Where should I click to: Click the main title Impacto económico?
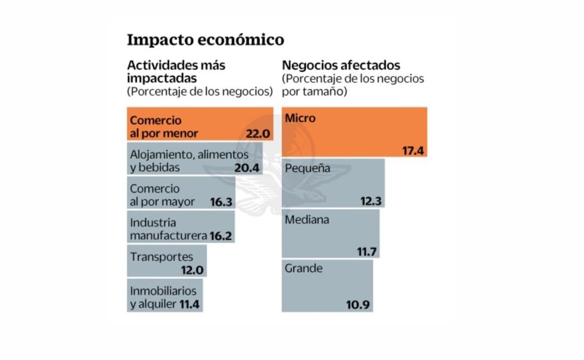[205, 40]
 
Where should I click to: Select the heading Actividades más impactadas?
[176, 72]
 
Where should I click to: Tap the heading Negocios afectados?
[341, 65]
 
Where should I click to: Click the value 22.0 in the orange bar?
[257, 134]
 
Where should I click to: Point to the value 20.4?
[247, 168]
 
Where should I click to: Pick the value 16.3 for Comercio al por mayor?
[221, 202]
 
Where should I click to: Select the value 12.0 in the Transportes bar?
[193, 270]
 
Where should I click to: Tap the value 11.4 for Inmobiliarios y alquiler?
[189, 304]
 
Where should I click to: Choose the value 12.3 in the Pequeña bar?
[371, 202]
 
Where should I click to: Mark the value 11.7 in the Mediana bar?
[366, 252]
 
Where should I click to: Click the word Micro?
[300, 118]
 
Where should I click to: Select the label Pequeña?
[307, 169]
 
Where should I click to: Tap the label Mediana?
[307, 219]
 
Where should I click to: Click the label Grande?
[304, 268]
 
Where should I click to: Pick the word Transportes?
[161, 257]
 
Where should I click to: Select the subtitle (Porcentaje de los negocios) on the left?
[200, 91]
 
